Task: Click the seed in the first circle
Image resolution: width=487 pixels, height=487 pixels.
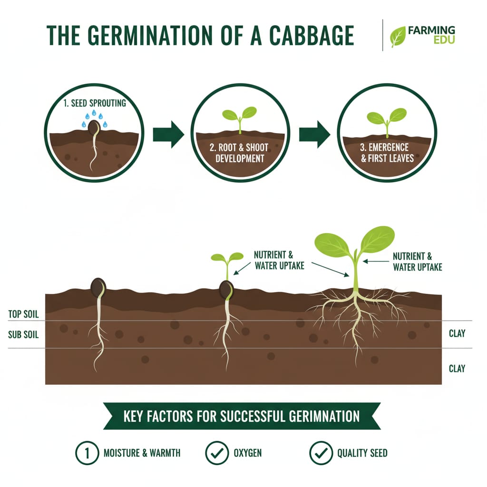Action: point(95,127)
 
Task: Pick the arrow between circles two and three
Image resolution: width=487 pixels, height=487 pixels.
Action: point(314,134)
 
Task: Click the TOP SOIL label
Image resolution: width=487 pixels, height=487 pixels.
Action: point(23,314)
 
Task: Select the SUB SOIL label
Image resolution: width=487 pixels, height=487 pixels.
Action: point(23,335)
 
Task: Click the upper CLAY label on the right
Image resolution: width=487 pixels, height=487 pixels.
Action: point(457,333)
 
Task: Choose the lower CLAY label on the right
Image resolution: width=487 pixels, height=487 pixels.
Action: point(457,368)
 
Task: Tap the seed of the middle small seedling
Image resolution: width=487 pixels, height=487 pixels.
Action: point(226,289)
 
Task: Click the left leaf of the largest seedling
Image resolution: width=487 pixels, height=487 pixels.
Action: point(332,243)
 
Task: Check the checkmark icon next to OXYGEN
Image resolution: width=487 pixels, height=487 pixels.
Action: point(216,453)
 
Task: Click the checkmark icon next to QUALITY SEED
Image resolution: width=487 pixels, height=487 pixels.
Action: point(321,453)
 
